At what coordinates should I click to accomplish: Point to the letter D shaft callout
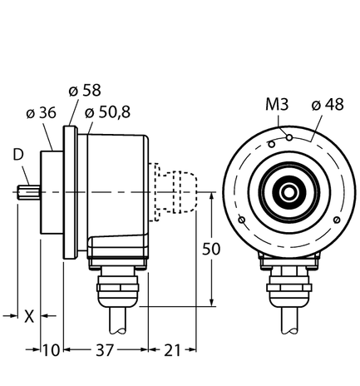tap(17, 155)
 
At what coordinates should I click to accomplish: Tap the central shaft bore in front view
tap(288, 193)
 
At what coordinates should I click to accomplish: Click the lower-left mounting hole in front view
tap(242, 220)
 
